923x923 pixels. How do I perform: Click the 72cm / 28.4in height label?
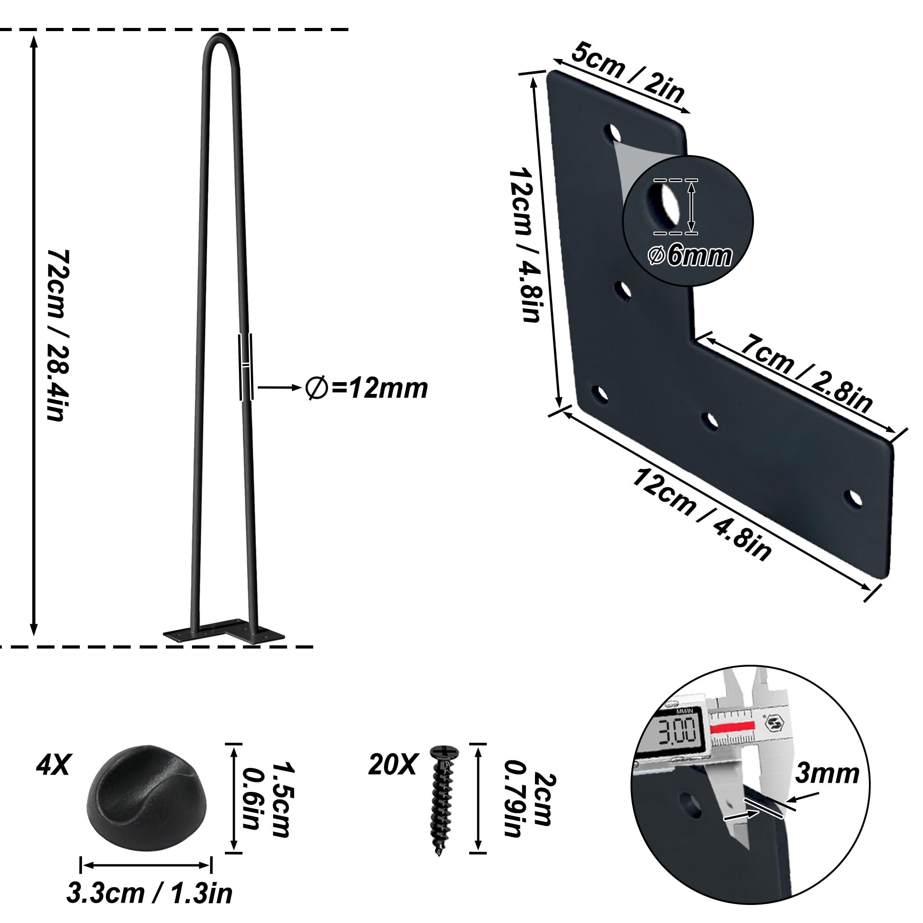(59, 334)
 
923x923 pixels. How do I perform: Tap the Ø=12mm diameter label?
(366, 388)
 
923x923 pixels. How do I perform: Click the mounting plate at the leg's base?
(224, 631)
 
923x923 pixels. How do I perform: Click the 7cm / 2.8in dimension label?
(806, 372)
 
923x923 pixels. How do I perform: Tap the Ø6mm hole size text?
(690, 256)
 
